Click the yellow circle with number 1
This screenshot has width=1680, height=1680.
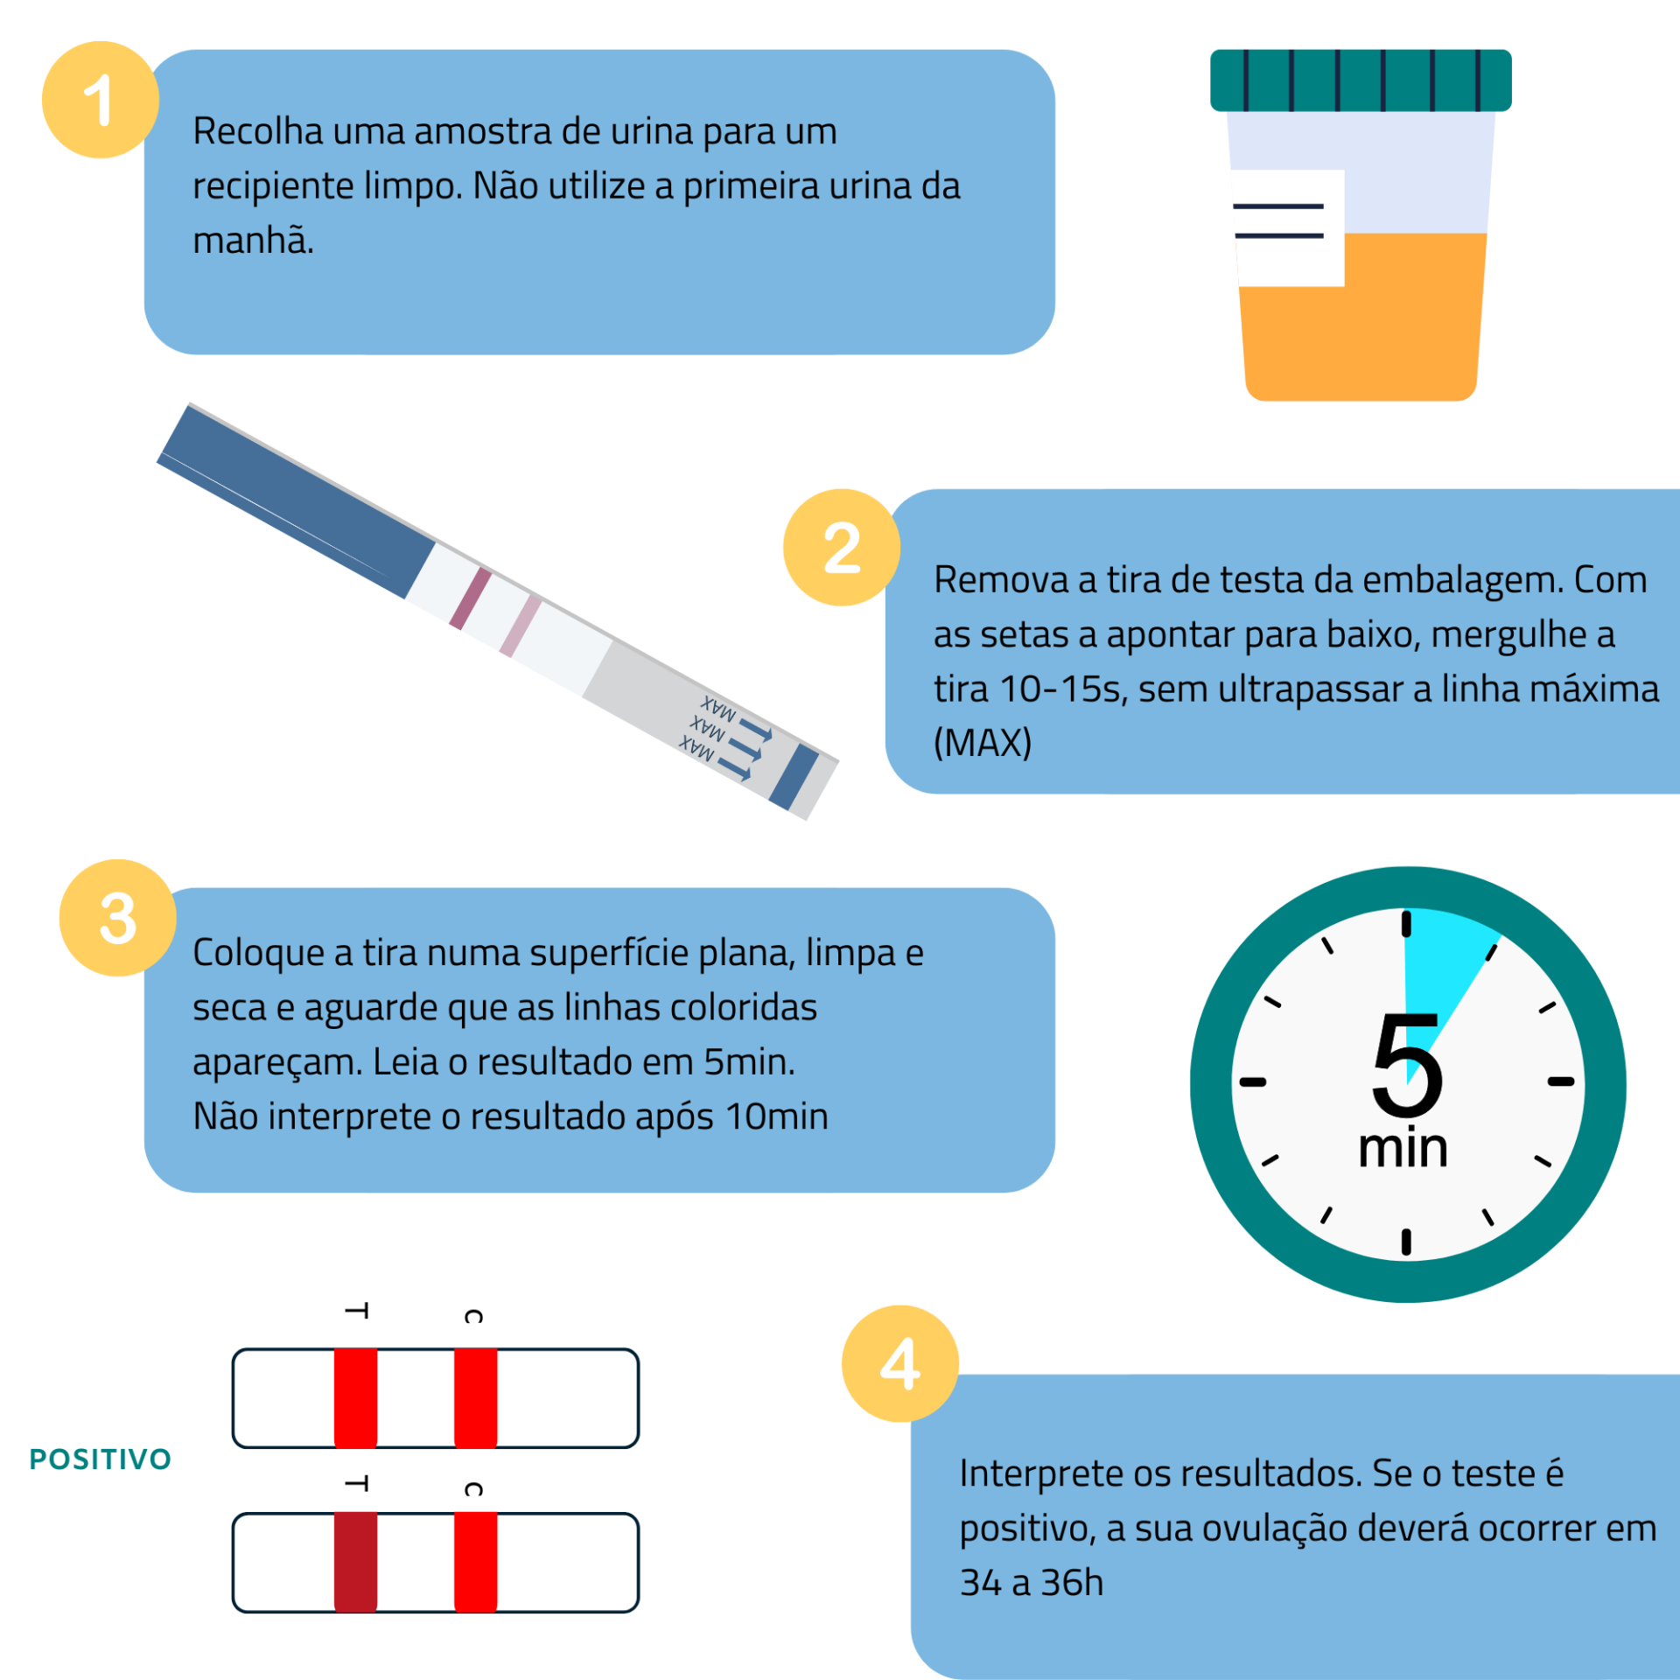pyautogui.click(x=100, y=100)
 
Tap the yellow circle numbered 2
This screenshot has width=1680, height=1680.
pyautogui.click(x=841, y=547)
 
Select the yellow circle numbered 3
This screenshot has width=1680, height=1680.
pyautogui.click(x=117, y=917)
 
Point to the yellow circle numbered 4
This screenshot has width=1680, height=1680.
pyautogui.click(x=899, y=1362)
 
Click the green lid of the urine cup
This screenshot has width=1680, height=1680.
pyautogui.click(x=1360, y=80)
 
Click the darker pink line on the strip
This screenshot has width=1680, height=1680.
pyautogui.click(x=470, y=598)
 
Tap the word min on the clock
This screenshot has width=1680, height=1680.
pyautogui.click(x=1403, y=1148)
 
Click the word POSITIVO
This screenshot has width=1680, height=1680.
pyautogui.click(x=100, y=1459)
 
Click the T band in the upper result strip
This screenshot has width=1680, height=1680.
pyautogui.click(x=355, y=1397)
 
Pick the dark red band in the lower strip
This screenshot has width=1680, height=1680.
pyautogui.click(x=355, y=1563)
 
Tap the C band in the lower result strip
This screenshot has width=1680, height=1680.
pyautogui.click(x=475, y=1563)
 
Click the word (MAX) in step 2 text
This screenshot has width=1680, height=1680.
pyautogui.click(x=982, y=743)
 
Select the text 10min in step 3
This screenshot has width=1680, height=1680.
pyautogui.click(x=776, y=1116)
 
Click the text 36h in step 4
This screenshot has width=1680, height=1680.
pyautogui.click(x=1071, y=1582)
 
